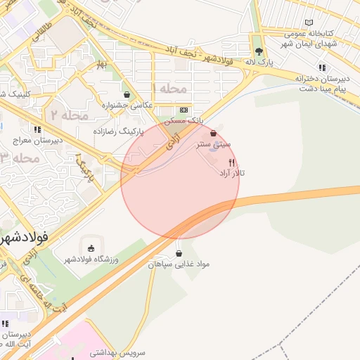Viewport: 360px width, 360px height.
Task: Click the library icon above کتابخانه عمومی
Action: [309, 23]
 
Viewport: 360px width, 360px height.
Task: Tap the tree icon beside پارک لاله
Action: [259, 51]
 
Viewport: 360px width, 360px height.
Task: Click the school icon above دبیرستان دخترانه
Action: [321, 67]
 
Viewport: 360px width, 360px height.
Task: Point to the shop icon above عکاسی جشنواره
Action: [127, 94]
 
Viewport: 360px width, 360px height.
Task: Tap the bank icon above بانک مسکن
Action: [184, 110]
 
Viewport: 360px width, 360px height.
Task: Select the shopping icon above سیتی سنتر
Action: [213, 133]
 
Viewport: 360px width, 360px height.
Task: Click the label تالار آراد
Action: [232, 172]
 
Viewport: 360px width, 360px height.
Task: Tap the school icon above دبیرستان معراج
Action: [37, 129]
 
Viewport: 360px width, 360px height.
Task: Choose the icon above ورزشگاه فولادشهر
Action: [91, 247]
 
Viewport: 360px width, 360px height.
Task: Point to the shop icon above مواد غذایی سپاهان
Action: [179, 253]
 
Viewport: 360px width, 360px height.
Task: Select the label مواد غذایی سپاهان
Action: [179, 264]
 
